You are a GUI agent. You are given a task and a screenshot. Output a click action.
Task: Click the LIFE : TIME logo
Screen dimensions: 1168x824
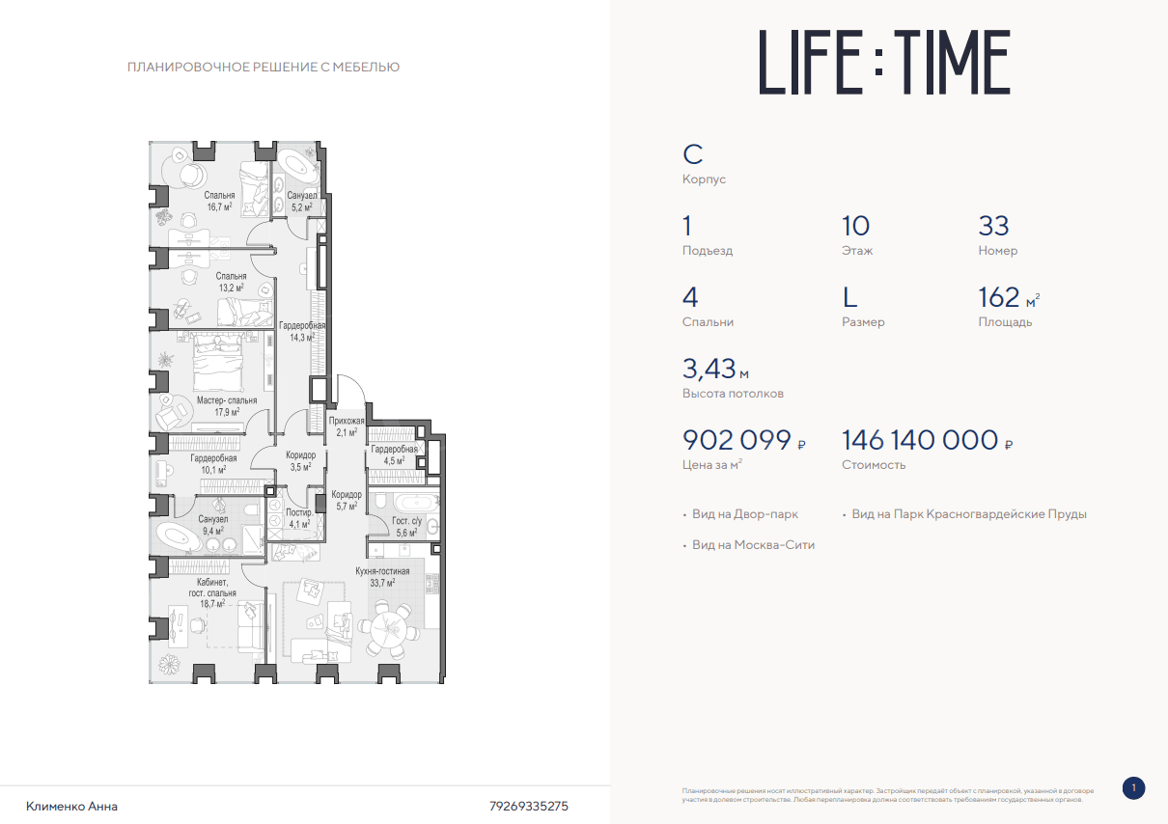[x=884, y=62]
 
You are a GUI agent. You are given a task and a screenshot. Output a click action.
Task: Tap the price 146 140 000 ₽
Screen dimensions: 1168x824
[x=927, y=440]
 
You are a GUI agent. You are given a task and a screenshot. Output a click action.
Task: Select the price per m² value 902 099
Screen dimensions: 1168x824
[x=737, y=440]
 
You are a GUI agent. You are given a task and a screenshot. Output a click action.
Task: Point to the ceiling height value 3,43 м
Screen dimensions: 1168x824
[x=715, y=369]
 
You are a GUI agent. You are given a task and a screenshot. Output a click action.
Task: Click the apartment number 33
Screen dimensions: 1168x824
[x=993, y=226]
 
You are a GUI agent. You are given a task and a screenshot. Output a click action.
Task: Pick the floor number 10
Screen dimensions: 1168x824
[x=855, y=226]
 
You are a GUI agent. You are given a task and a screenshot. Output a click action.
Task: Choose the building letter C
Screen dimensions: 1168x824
[x=693, y=154]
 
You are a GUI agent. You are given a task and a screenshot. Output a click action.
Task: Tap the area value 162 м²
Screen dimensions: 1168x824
[x=1009, y=297]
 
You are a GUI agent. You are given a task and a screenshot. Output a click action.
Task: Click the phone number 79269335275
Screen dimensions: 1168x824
[x=528, y=807]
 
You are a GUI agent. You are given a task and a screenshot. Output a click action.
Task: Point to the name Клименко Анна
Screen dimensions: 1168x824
[x=71, y=807]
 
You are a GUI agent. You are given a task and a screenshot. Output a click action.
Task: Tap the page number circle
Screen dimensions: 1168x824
[x=1133, y=788]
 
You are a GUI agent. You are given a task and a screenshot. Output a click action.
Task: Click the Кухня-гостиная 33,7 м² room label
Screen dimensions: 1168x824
[x=382, y=577]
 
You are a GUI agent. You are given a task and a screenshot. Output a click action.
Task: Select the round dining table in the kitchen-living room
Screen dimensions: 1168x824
[x=388, y=632]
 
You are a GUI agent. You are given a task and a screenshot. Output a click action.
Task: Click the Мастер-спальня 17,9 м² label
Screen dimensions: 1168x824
[x=227, y=406]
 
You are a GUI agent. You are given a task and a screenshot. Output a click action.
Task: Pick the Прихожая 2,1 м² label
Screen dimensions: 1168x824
[x=347, y=426]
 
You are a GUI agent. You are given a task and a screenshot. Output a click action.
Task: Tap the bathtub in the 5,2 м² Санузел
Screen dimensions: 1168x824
[x=297, y=165]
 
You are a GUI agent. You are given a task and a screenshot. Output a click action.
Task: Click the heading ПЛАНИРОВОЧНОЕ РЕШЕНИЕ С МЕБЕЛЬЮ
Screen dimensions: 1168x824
[x=264, y=68]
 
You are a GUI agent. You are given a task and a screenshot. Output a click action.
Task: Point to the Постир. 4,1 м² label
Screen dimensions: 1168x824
[x=299, y=518]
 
